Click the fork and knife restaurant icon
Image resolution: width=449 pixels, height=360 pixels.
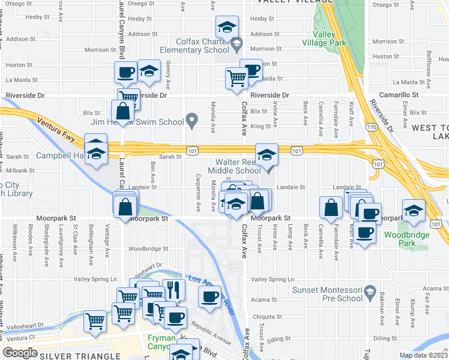(173, 290)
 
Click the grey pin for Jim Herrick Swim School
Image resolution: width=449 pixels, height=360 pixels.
(192, 122)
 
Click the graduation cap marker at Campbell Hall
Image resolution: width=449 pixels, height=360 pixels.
(96, 149)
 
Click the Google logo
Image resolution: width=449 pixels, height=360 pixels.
(20, 353)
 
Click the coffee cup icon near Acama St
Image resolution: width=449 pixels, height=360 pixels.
(209, 296)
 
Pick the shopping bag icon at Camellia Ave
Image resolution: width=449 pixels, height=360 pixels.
(331, 208)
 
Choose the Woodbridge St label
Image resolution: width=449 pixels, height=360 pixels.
(148, 248)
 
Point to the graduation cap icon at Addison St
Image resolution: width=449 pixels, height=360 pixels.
(226, 27)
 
